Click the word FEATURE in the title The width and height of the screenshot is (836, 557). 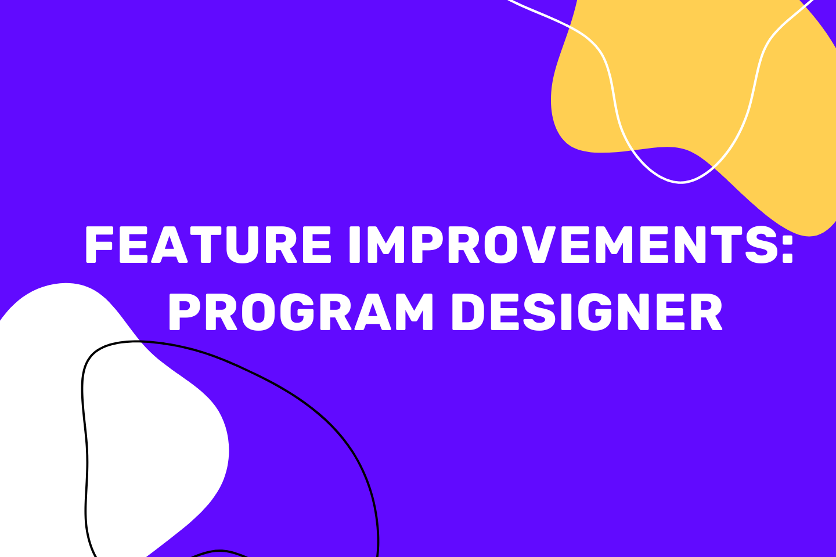[x=208, y=244]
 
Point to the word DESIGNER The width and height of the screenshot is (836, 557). [x=588, y=312]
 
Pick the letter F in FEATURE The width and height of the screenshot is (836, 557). [x=99, y=244]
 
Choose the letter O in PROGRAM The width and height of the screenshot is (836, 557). [x=259, y=312]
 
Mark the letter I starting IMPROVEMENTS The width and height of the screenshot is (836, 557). [x=354, y=244]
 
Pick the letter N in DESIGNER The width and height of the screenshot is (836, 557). [x=635, y=312]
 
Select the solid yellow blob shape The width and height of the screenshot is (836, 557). [x=690, y=93]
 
